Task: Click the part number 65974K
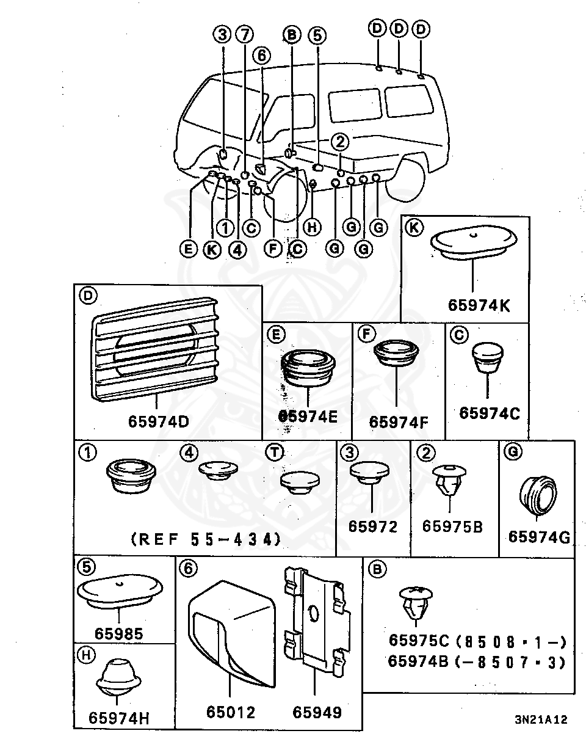pos(479,305)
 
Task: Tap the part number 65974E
pos(308,417)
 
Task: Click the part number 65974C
pos(489,413)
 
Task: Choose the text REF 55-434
pos(206,539)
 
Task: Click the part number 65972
pos(372,526)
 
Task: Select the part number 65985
pos(118,633)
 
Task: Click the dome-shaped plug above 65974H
pos(118,677)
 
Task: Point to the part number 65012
pos(230,712)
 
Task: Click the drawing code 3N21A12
pos(541,720)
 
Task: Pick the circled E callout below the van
pos(188,249)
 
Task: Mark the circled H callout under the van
pos(312,227)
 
